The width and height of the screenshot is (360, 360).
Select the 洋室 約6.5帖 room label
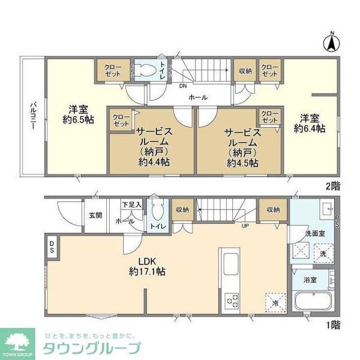(x=79, y=115)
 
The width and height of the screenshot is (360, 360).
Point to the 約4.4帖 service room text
(x=154, y=162)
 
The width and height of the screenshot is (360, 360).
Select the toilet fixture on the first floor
(x=158, y=213)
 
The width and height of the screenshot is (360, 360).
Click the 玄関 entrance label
(x=96, y=215)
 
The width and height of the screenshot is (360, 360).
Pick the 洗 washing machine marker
(x=322, y=253)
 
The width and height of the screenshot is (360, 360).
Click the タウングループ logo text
(x=91, y=348)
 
